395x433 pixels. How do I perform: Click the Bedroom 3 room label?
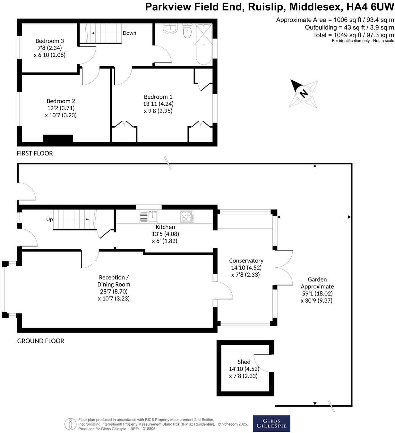tap(49, 41)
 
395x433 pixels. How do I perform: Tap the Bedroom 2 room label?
tap(61, 101)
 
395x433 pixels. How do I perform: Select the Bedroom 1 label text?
tap(158, 97)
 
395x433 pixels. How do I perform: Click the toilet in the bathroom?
tap(187, 31)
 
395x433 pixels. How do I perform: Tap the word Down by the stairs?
tap(129, 33)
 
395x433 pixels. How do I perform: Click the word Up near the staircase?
tap(49, 220)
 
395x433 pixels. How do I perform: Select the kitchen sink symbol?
tap(149, 216)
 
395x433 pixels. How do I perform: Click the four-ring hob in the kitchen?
tap(187, 216)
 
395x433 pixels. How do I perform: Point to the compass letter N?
tap(303, 93)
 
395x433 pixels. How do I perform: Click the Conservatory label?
tap(246, 261)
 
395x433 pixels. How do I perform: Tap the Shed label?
tap(244, 362)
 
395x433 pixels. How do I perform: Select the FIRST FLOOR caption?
tap(35, 153)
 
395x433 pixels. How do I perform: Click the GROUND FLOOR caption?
tap(40, 341)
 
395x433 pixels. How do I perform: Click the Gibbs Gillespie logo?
tap(271, 423)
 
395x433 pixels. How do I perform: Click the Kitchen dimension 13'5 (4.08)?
tap(165, 234)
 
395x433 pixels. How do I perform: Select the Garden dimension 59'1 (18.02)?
tap(317, 294)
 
